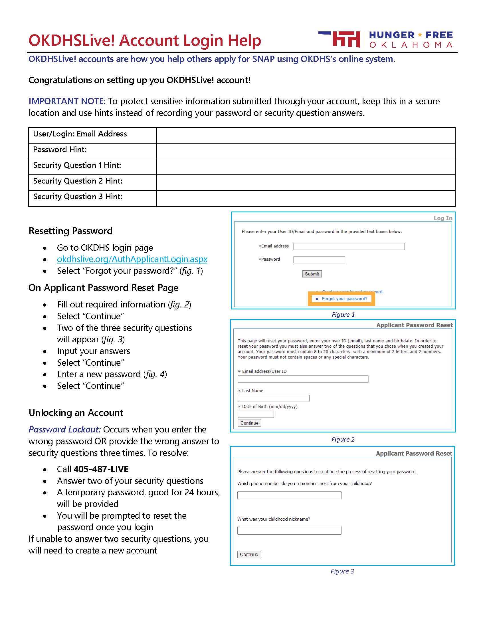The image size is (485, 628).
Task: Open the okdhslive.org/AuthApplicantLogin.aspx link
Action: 132,259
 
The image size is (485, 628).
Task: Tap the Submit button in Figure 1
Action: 312,274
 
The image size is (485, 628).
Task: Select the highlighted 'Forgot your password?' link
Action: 344,299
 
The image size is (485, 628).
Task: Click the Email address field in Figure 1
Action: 349,246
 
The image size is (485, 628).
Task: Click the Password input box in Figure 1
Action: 319,260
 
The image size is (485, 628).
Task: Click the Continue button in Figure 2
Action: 249,423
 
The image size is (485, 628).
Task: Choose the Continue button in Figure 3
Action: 249,554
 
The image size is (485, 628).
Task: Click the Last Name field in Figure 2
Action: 273,398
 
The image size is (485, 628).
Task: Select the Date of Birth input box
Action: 255,414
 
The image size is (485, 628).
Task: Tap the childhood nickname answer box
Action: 289,531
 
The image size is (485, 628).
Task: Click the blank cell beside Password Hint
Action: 306,151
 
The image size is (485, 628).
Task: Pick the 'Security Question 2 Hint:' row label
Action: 78,181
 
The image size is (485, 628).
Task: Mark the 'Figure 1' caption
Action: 343,315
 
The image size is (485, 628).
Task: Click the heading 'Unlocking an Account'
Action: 76,413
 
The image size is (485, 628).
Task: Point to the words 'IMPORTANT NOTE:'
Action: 67,101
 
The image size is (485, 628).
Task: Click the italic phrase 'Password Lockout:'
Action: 65,429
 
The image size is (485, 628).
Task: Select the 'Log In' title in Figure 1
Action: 443,218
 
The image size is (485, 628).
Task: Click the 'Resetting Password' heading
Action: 71,231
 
